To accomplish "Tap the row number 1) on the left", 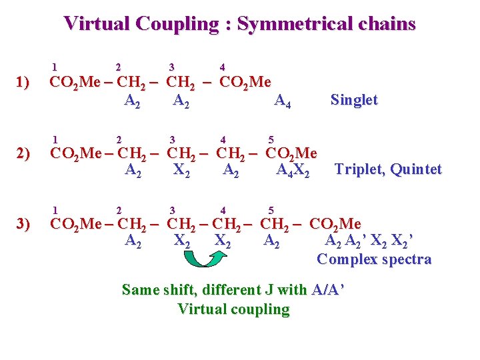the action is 24,83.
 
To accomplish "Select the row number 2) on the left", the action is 24,154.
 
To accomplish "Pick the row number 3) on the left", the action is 24,224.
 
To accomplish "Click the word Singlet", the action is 354,100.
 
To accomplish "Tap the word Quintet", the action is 417,169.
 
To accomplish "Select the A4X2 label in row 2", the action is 293,171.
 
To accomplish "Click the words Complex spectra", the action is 374,259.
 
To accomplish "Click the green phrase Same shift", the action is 159,290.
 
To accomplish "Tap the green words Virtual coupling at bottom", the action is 233,309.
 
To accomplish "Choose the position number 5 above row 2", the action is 271,139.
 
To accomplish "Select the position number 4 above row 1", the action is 222,67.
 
